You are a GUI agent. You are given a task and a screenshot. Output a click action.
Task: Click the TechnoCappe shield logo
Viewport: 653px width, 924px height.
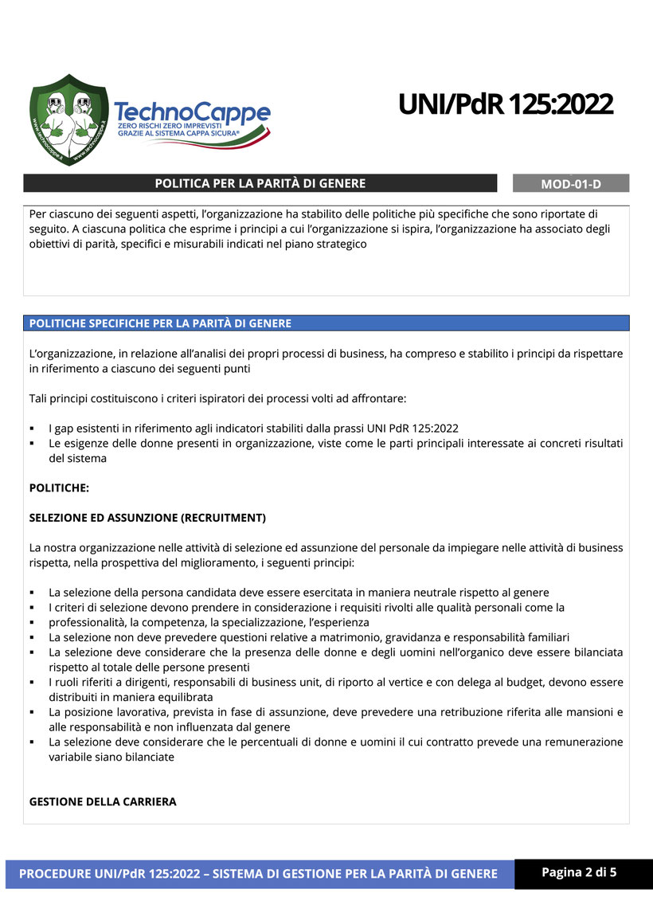tap(69, 119)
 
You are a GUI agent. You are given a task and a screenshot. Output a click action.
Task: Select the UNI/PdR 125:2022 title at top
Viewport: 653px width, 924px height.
tap(505, 104)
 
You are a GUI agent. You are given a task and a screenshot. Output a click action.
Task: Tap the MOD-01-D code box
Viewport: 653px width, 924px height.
tap(571, 184)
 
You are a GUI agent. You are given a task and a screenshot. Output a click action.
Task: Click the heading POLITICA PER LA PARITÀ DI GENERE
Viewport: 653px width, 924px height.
tap(260, 183)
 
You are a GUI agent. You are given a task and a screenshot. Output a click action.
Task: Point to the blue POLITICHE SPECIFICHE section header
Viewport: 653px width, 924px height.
tap(160, 323)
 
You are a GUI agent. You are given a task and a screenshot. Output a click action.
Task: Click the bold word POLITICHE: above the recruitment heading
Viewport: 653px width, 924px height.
tap(59, 487)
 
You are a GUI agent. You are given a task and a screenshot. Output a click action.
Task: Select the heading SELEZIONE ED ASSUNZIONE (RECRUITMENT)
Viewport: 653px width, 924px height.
tap(147, 518)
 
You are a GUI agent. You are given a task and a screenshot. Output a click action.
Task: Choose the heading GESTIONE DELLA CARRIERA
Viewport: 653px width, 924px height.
tap(103, 801)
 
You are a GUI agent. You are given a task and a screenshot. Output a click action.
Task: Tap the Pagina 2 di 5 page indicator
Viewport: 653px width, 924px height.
tap(579, 872)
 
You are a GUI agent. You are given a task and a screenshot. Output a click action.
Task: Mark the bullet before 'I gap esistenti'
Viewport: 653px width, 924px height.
tap(33, 429)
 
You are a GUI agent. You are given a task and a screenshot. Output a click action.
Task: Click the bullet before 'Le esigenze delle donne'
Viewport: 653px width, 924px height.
tap(33, 444)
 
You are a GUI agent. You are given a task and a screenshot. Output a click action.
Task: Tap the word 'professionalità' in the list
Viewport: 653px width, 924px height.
tap(86, 622)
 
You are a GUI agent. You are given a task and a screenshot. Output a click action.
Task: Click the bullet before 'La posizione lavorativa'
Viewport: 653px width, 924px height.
tap(33, 712)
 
